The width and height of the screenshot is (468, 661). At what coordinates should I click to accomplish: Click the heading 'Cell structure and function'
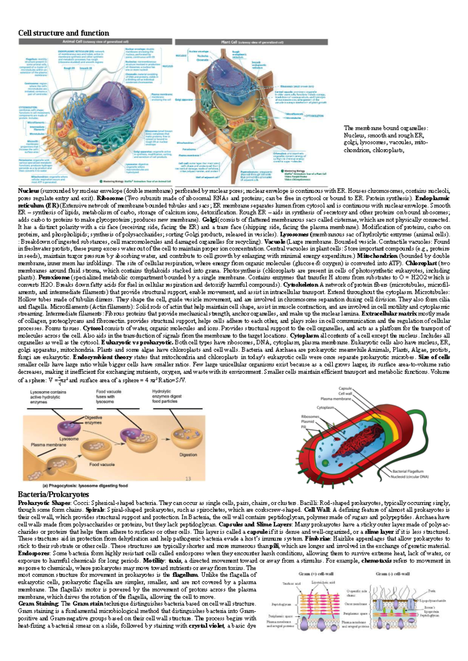64,33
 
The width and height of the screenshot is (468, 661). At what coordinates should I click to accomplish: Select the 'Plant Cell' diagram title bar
251,42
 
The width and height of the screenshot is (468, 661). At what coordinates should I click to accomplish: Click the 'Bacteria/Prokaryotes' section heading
53,495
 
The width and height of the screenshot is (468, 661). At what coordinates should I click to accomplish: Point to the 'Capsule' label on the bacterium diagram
345,389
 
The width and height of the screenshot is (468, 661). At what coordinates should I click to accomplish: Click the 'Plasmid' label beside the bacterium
308,421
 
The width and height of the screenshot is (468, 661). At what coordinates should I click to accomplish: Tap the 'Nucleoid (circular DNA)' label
410,477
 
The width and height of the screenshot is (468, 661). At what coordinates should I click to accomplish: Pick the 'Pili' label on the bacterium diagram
303,427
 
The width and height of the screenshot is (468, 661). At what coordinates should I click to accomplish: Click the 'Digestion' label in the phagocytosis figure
188,455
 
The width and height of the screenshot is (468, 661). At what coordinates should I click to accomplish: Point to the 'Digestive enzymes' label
93,420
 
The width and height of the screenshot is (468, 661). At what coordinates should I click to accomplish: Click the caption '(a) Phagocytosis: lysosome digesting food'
85,486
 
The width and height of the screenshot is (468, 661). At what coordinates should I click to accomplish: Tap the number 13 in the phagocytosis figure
188,479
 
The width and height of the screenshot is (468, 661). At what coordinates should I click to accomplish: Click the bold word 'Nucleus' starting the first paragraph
28,191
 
